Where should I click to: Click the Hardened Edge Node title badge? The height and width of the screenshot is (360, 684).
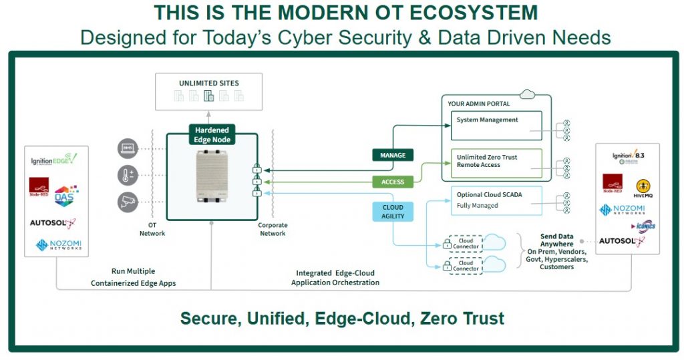tap(211, 134)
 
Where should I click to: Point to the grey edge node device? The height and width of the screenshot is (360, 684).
tap(212, 176)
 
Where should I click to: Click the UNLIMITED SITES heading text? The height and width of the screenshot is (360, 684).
tap(209, 83)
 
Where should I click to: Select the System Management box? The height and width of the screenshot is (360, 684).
tap(496, 126)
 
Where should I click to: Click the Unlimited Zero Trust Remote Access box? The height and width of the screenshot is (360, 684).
tap(496, 162)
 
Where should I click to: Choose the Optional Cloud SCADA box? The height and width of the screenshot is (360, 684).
tap(496, 200)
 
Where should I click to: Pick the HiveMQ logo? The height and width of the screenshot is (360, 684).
tap(643, 188)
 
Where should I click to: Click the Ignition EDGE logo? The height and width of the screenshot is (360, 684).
tap(54, 161)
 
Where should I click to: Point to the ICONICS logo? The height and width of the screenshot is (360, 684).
tap(643, 226)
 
